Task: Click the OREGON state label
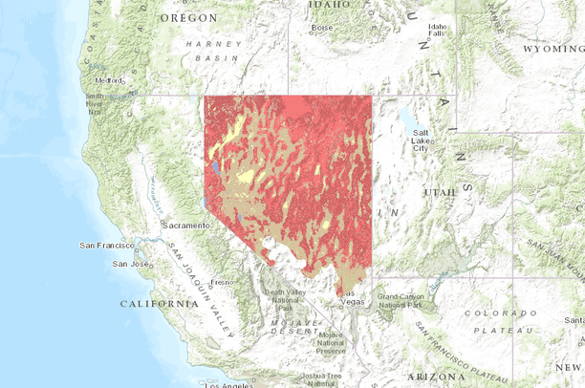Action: click(x=188, y=18)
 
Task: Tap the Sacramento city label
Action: click(x=186, y=225)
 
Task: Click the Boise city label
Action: click(x=321, y=28)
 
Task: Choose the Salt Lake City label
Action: click(x=422, y=140)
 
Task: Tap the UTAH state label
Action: click(x=440, y=192)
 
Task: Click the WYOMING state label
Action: click(x=552, y=48)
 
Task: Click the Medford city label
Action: click(x=108, y=80)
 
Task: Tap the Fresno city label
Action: click(x=223, y=282)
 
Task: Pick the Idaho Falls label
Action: click(x=438, y=30)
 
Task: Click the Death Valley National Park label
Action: click(x=284, y=299)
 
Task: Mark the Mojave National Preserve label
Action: click(x=331, y=343)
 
